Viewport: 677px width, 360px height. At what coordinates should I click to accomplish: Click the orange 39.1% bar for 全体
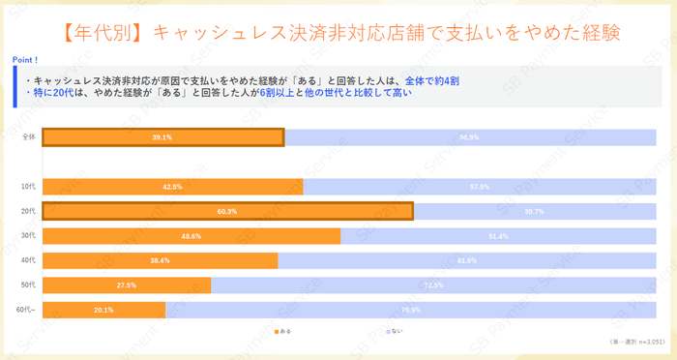pyautogui.click(x=162, y=137)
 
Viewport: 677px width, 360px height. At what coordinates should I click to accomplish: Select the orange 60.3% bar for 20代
pyautogui.click(x=227, y=211)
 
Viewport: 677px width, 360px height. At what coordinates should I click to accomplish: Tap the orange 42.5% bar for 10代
pyautogui.click(x=173, y=186)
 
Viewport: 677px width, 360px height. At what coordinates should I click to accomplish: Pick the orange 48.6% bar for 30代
pyautogui.click(x=191, y=236)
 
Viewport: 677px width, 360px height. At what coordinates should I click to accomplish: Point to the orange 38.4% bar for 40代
pyautogui.click(x=161, y=260)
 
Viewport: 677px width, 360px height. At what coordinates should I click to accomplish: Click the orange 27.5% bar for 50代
pyautogui.click(x=127, y=285)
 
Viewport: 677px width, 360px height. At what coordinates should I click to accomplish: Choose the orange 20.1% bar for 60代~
pyautogui.click(x=104, y=310)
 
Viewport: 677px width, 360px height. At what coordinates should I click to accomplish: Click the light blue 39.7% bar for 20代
pyautogui.click(x=534, y=211)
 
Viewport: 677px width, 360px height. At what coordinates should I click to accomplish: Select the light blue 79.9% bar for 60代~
pyautogui.click(x=410, y=310)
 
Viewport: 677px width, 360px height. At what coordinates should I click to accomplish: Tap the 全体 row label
pyautogui.click(x=29, y=137)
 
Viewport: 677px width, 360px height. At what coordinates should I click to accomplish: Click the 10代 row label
pyautogui.click(x=29, y=186)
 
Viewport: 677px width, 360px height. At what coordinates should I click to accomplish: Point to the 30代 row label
pyautogui.click(x=29, y=236)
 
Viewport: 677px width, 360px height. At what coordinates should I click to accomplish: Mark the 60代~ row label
pyautogui.click(x=27, y=310)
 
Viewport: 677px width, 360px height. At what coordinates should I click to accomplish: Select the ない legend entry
pyautogui.click(x=393, y=331)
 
